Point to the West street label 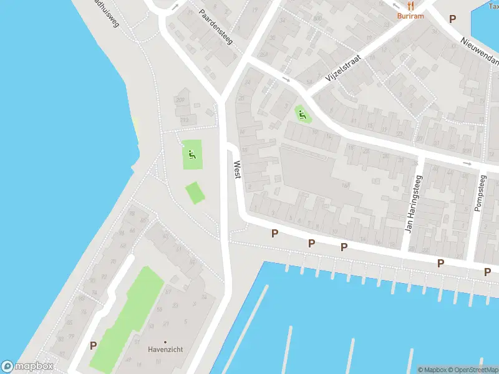click(237, 170)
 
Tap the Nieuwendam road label click(480, 50)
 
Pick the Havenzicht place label click(166, 350)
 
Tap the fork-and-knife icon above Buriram click(410, 5)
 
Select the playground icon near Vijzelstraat click(302, 114)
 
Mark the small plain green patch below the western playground click(195, 192)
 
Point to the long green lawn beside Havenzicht click(127, 318)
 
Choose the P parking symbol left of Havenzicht click(94, 345)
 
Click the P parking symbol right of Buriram click(453, 19)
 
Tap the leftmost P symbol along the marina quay click(274, 234)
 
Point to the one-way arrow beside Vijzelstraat click(286, 79)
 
